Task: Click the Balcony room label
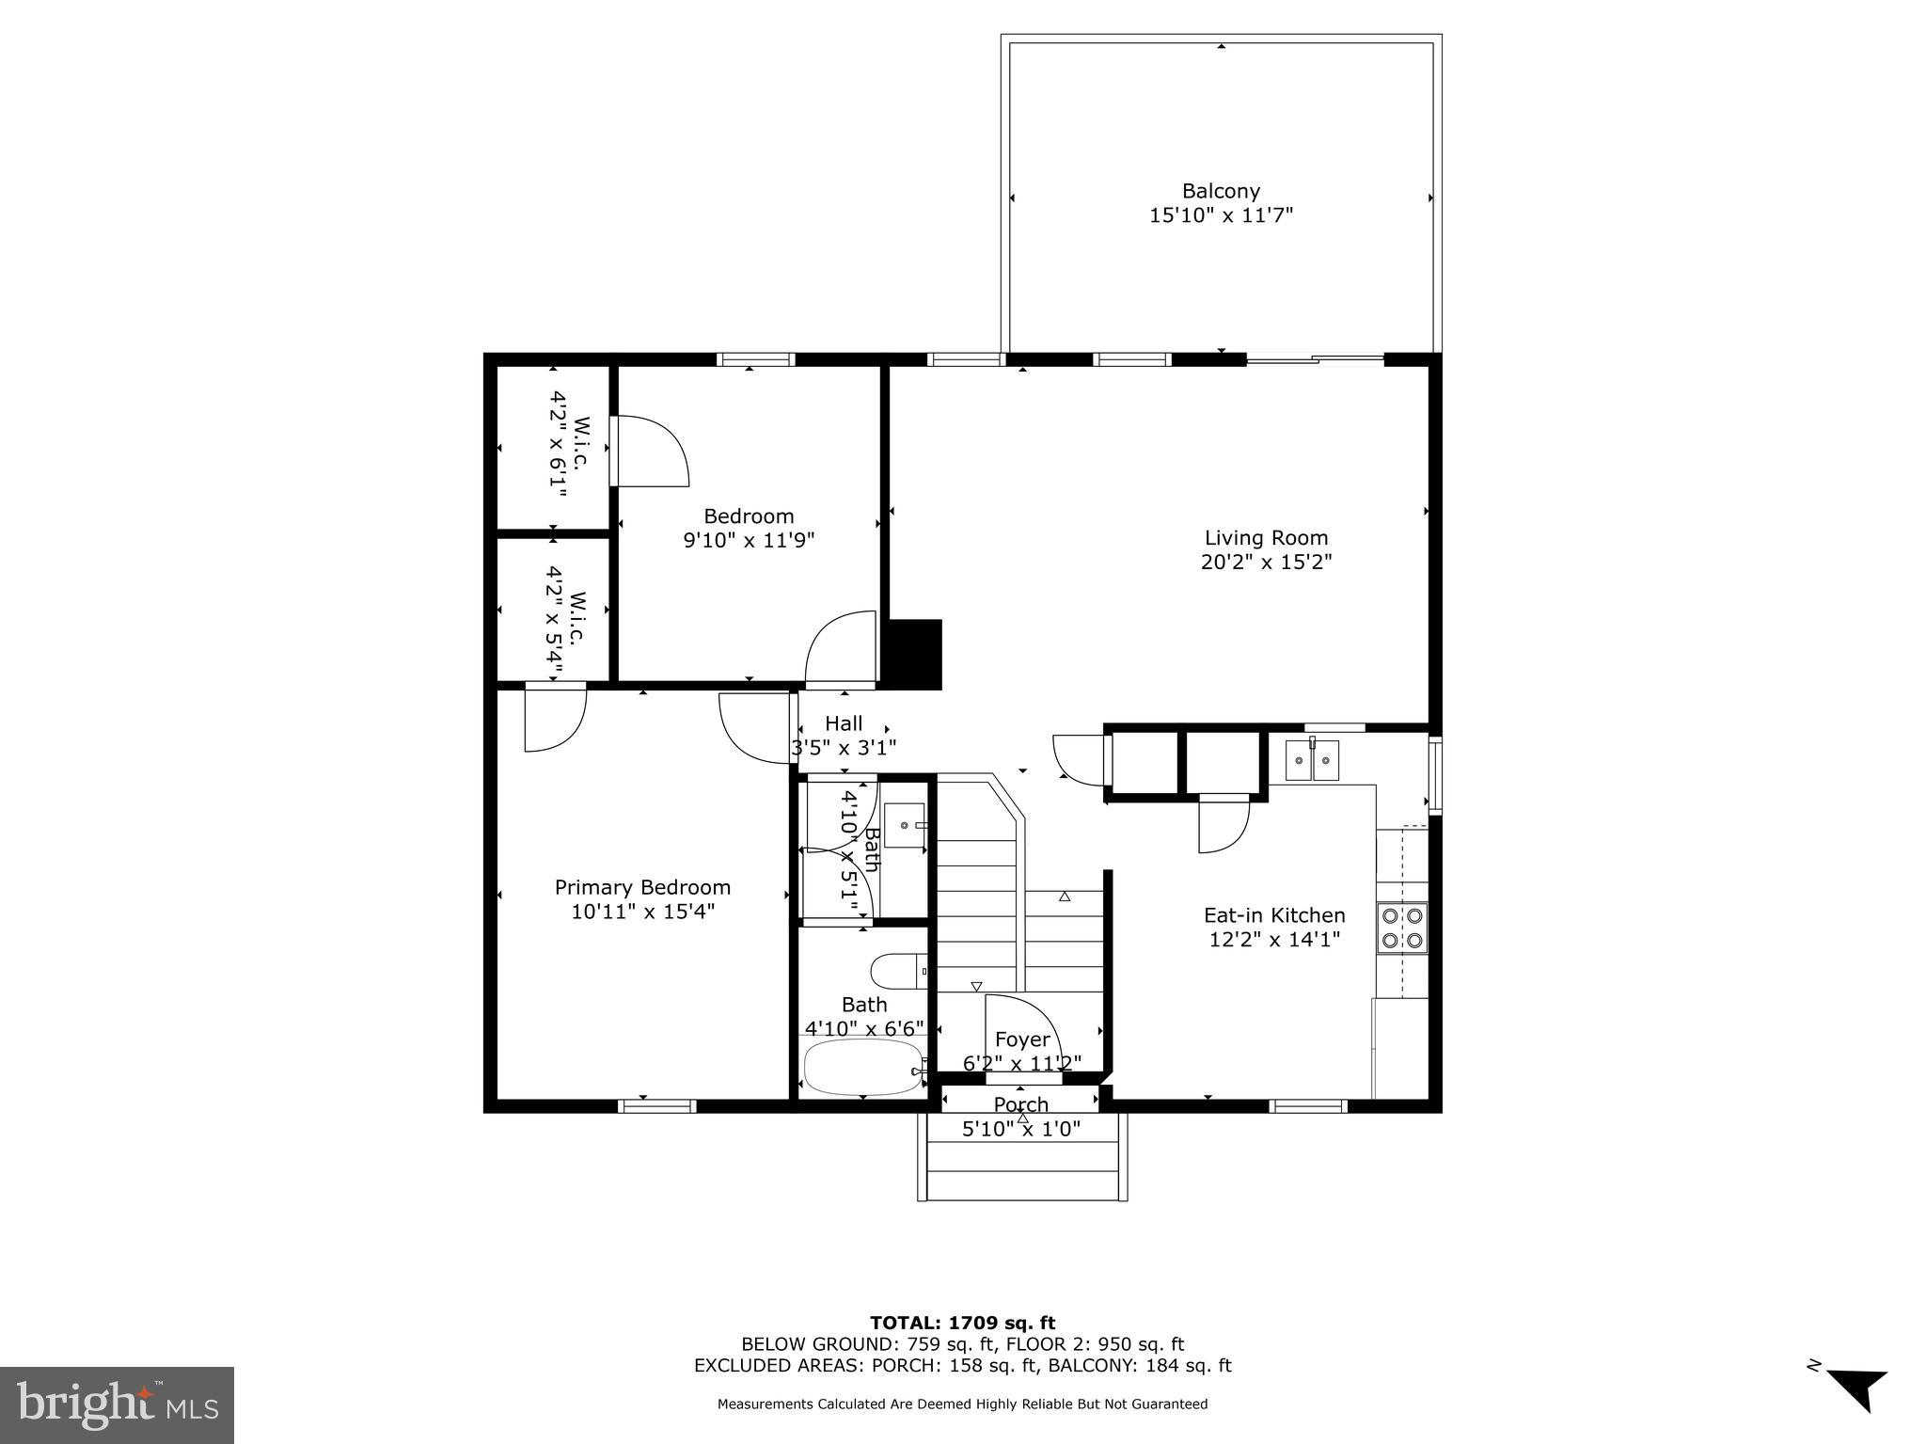1221,191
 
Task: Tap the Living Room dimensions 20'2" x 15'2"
1266,563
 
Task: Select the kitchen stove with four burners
1401,928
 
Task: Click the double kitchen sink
1312,760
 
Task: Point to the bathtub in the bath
863,1067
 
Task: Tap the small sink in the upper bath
905,825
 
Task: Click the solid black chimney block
914,654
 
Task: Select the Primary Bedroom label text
642,887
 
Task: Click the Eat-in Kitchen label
1274,915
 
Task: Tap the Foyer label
1022,1039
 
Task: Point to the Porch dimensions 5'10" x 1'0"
1021,1129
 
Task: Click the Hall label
844,723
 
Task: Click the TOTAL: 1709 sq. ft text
962,1323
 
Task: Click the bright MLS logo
117,1404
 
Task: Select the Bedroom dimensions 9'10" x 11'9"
749,541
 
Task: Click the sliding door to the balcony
1315,358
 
